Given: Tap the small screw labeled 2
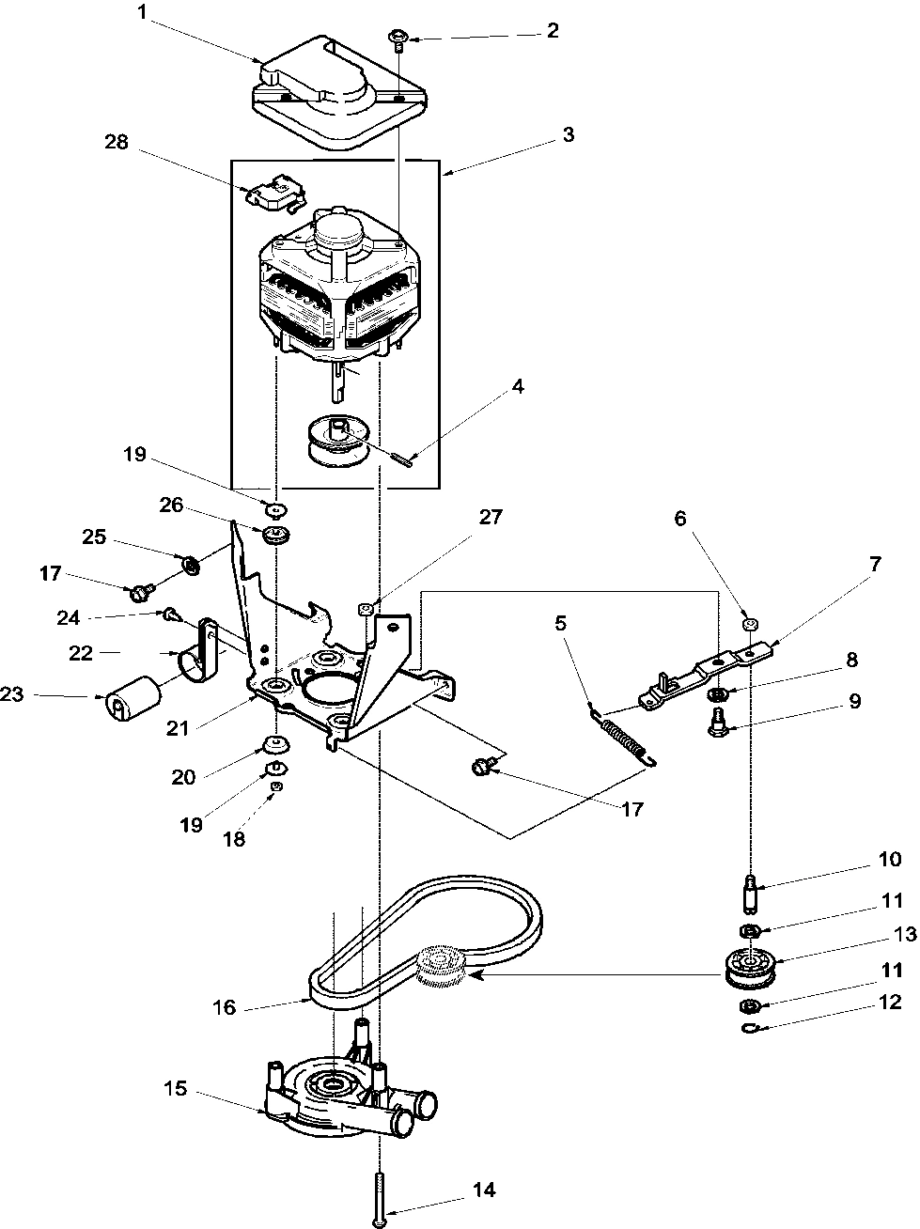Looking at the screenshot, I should tap(398, 39).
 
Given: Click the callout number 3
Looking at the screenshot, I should tap(567, 134).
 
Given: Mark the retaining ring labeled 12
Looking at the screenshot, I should tap(749, 1030).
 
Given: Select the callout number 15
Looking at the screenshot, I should tap(175, 1090).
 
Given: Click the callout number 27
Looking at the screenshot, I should tap(491, 517).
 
